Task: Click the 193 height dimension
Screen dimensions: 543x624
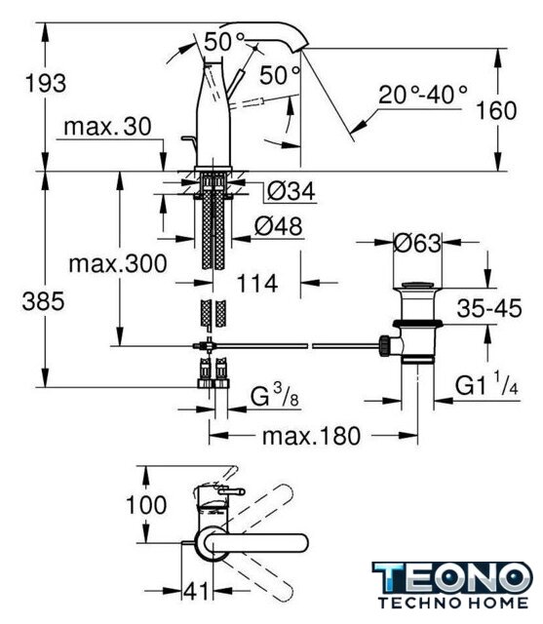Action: click(x=46, y=84)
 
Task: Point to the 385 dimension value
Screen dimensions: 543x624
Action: click(x=43, y=301)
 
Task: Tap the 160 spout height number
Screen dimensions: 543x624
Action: click(x=496, y=110)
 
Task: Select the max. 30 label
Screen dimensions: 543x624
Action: click(x=107, y=127)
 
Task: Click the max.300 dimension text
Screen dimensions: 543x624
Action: click(x=118, y=264)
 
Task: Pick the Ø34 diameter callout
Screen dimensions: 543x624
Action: click(x=291, y=191)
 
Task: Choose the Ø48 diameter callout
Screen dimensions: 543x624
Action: click(x=278, y=226)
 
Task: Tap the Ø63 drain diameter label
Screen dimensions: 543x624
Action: click(x=417, y=243)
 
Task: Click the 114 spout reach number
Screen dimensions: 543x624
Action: click(x=257, y=284)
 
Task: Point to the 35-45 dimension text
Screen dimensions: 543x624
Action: click(x=489, y=308)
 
